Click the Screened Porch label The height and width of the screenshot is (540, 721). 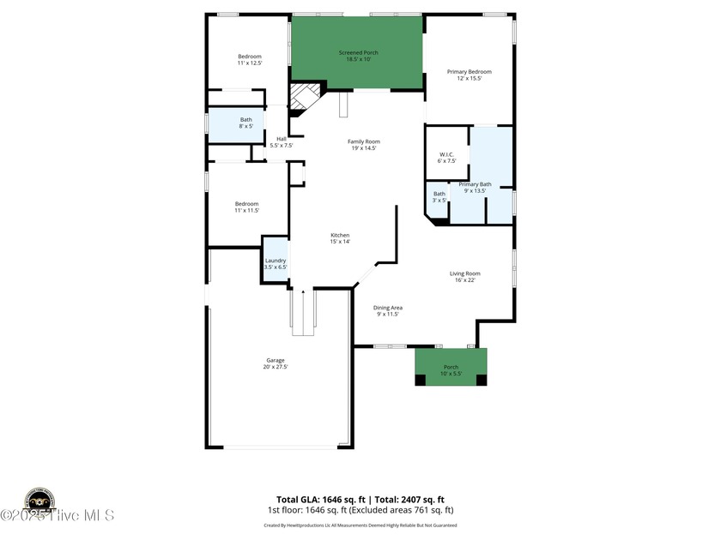[x=358, y=53]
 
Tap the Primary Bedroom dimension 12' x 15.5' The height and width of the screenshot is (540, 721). [x=469, y=78]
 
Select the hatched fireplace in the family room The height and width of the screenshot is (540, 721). [x=303, y=97]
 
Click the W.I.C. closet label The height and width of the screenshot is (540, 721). [x=446, y=154]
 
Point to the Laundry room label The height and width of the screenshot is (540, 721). [x=275, y=261]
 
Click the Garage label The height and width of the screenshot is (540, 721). [x=275, y=360]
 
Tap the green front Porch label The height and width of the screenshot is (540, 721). [x=451, y=367]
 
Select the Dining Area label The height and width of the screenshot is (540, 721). [x=388, y=308]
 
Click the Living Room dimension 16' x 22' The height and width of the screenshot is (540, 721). [x=464, y=279]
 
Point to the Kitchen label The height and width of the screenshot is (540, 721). [x=340, y=235]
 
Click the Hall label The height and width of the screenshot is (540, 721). [x=281, y=139]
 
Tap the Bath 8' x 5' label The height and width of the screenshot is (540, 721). [x=246, y=119]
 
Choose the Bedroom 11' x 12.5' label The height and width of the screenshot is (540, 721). [x=249, y=57]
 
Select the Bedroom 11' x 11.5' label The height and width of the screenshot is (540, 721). [x=246, y=203]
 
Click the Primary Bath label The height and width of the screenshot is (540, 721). [x=474, y=184]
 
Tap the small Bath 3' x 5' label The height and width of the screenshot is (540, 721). [x=439, y=194]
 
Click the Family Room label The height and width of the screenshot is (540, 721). [x=363, y=141]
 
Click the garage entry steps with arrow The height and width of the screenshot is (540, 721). [x=303, y=313]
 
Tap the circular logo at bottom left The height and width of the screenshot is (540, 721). [x=39, y=501]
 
